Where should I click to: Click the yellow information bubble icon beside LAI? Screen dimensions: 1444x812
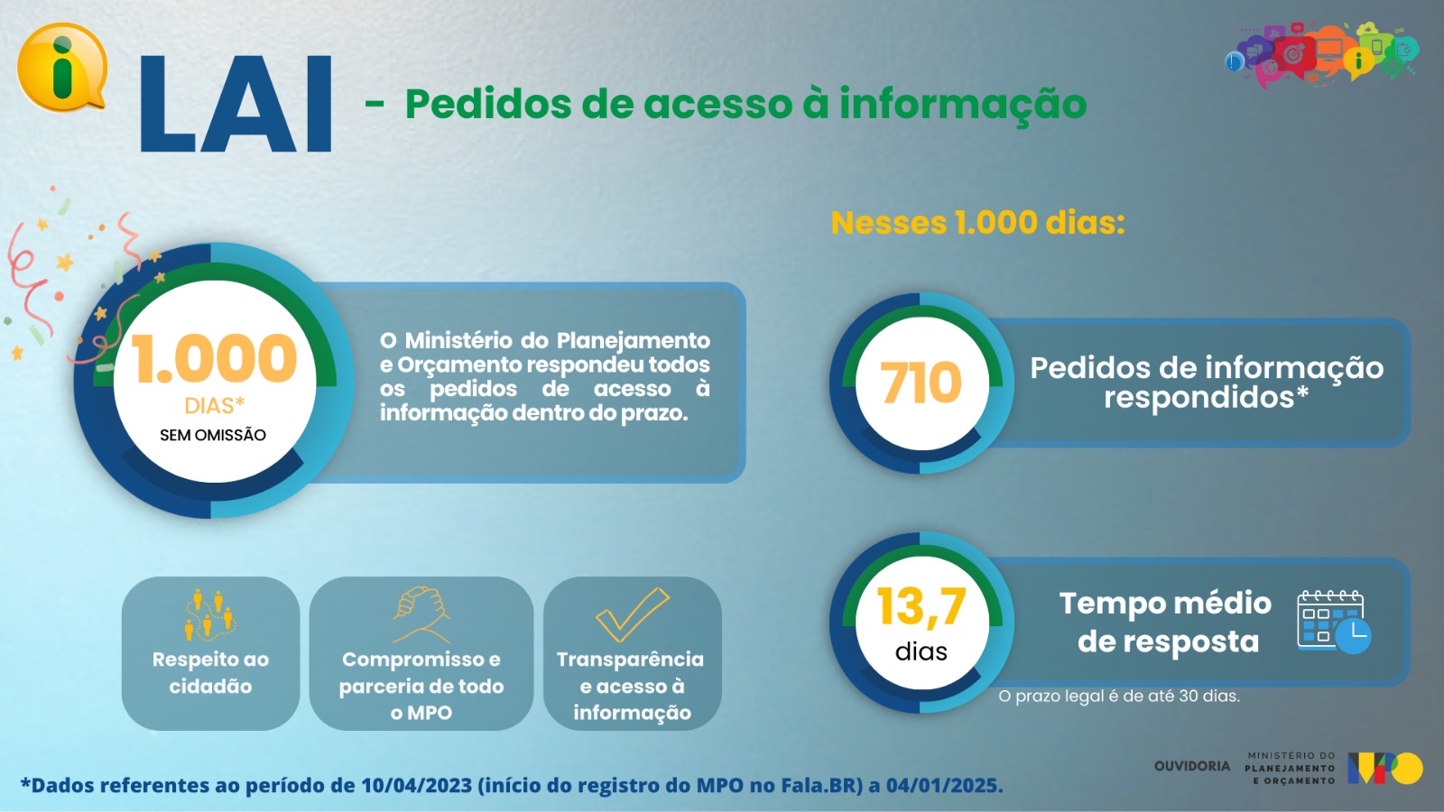(x=62, y=68)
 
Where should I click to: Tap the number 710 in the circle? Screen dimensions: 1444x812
(x=921, y=383)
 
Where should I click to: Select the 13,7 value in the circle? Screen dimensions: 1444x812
(x=921, y=606)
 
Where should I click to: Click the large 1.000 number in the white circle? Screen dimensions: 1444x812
(x=214, y=358)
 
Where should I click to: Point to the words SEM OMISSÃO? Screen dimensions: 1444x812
(x=213, y=435)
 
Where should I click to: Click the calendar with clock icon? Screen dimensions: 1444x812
(x=1334, y=622)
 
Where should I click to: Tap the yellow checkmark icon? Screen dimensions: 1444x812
(x=633, y=614)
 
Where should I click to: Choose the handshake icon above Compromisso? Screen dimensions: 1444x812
(x=421, y=614)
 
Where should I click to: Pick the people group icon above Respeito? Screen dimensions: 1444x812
(x=210, y=614)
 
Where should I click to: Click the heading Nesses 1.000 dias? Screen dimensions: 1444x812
(x=978, y=223)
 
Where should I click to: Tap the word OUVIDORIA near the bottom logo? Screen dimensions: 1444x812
(x=1192, y=766)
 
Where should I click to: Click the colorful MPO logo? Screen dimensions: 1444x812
(x=1384, y=768)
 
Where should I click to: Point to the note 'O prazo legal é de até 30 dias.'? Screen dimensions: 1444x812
(x=1119, y=696)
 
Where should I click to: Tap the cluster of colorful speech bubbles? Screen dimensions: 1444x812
(x=1321, y=54)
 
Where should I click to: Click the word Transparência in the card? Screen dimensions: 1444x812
(x=631, y=660)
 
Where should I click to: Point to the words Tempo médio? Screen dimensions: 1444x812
(x=1165, y=604)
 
